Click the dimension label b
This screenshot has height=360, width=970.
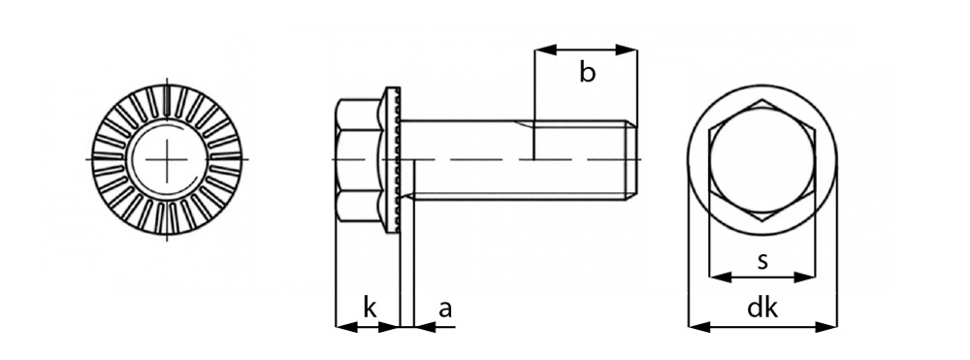pos(587,73)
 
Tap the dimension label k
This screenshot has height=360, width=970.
pos(370,308)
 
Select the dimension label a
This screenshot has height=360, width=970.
pos(445,310)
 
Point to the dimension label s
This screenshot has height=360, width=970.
pos(762,261)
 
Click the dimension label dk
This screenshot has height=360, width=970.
pos(762,308)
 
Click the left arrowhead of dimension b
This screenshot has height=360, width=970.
pos(545,49)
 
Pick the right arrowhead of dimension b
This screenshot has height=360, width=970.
pos(626,49)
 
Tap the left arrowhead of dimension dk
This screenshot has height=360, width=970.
pos(699,327)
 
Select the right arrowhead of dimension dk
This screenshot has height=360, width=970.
pos(825,327)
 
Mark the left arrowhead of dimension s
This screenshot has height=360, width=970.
pos(720,278)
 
